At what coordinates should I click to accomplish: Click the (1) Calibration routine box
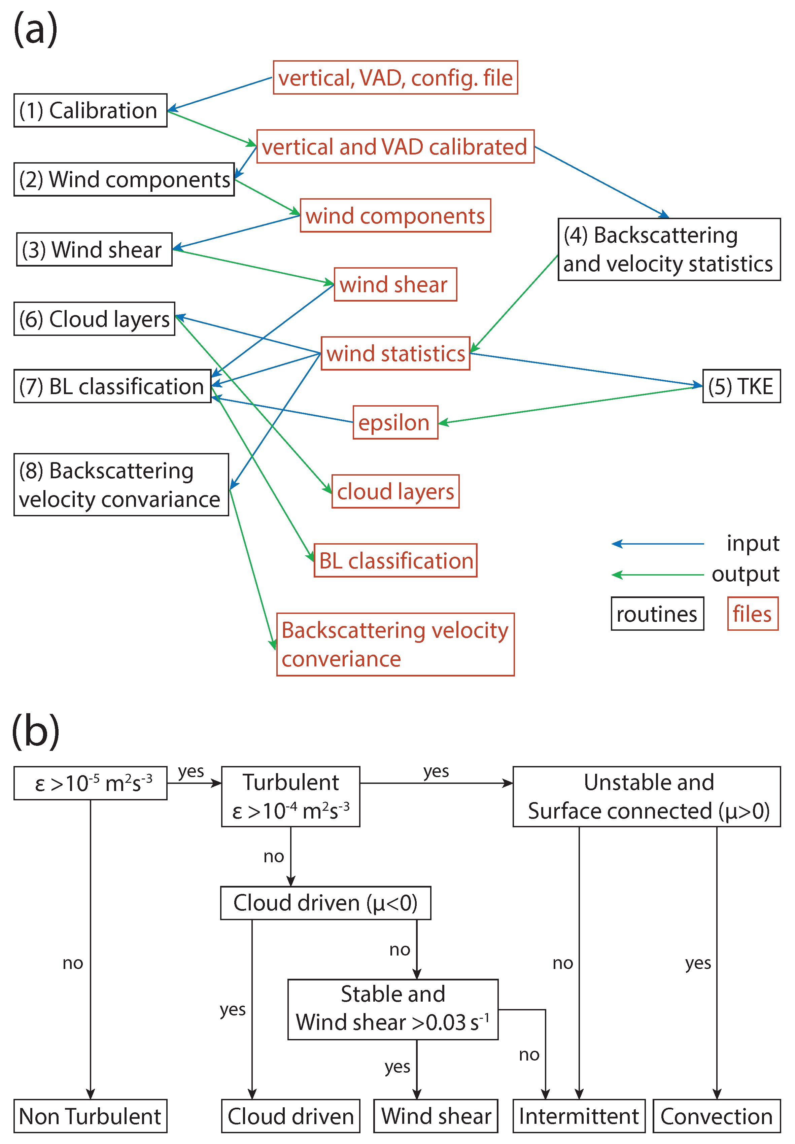(90, 111)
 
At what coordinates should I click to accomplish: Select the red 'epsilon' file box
(395, 422)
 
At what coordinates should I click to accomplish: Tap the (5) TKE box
(741, 386)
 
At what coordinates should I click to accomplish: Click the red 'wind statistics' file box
(395, 354)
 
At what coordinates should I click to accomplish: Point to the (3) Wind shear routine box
(94, 249)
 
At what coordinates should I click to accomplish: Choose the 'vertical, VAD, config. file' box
(395, 78)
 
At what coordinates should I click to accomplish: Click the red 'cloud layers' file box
(395, 492)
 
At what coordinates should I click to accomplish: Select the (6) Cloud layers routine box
(94, 319)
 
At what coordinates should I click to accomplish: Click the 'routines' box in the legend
(657, 614)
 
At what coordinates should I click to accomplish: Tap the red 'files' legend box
(752, 614)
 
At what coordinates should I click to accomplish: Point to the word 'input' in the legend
(752, 543)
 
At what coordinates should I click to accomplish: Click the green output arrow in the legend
(658, 575)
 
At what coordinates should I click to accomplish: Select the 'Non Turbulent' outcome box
(90, 1116)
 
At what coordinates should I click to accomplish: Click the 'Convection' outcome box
(716, 1116)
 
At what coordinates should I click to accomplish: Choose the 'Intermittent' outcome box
(579, 1116)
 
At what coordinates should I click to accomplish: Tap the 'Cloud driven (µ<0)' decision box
(325, 903)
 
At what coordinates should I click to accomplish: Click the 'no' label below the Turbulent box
(273, 856)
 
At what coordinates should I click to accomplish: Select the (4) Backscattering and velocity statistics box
(668, 249)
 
